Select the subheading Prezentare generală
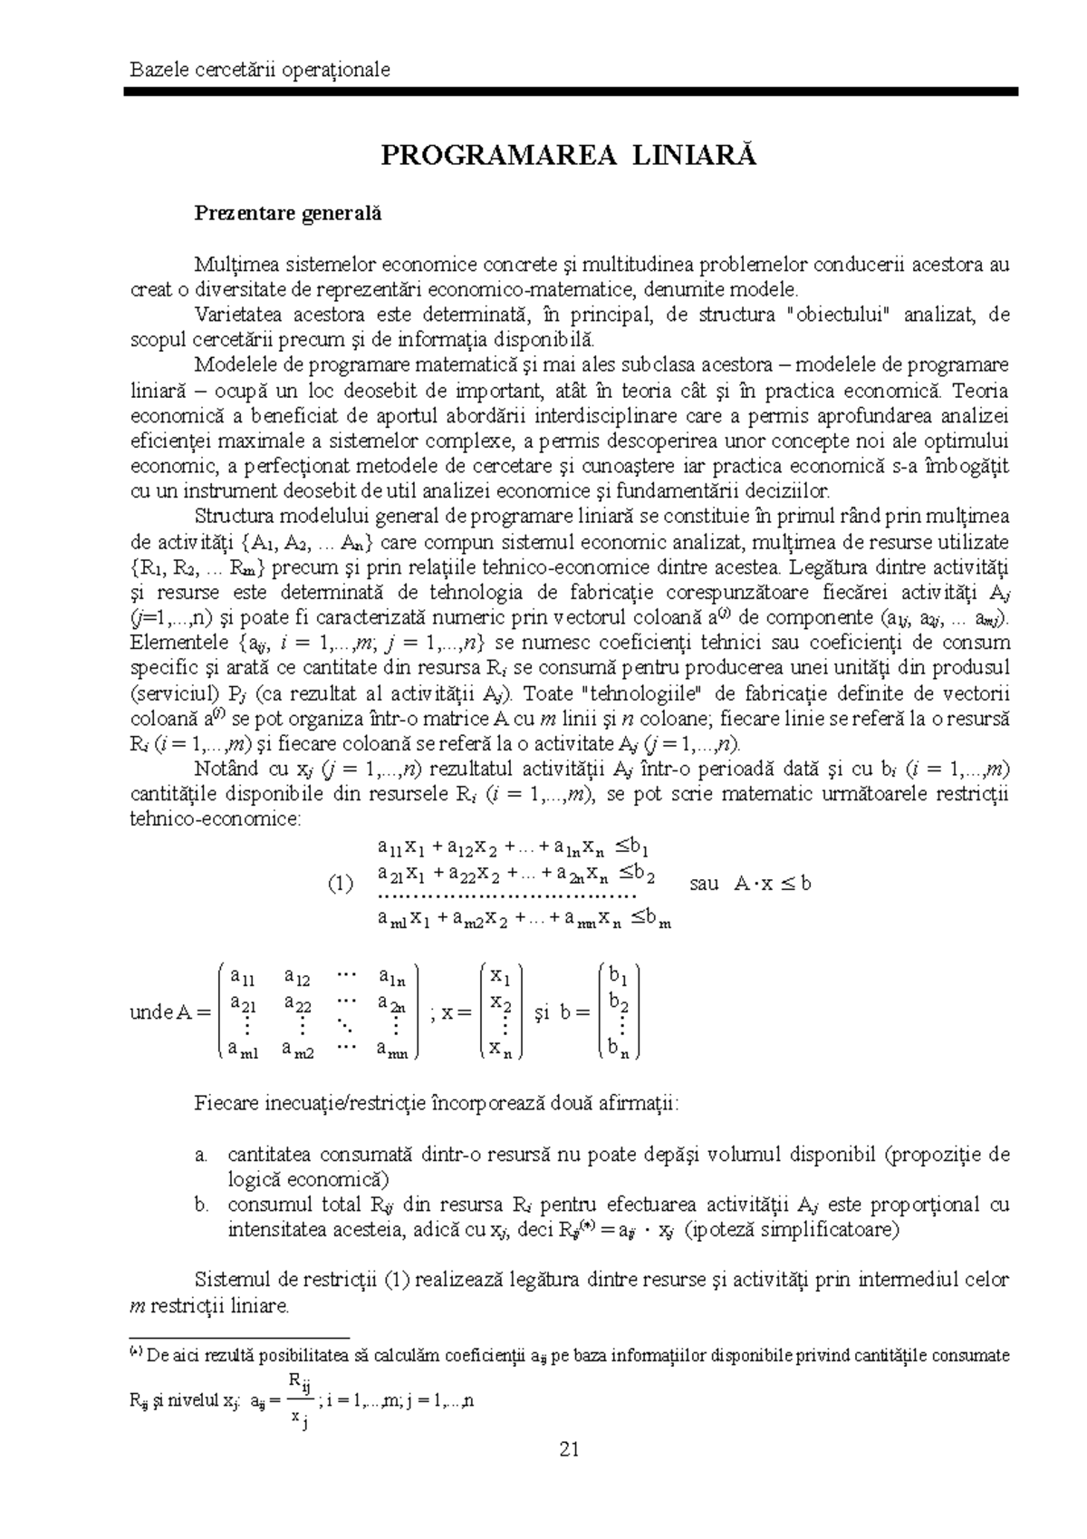point(288,215)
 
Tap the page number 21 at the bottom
point(569,1449)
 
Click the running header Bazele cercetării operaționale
point(260,70)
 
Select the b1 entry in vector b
point(620,976)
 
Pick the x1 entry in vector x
point(501,976)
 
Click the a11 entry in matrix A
point(243,976)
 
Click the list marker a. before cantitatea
point(201,1155)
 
